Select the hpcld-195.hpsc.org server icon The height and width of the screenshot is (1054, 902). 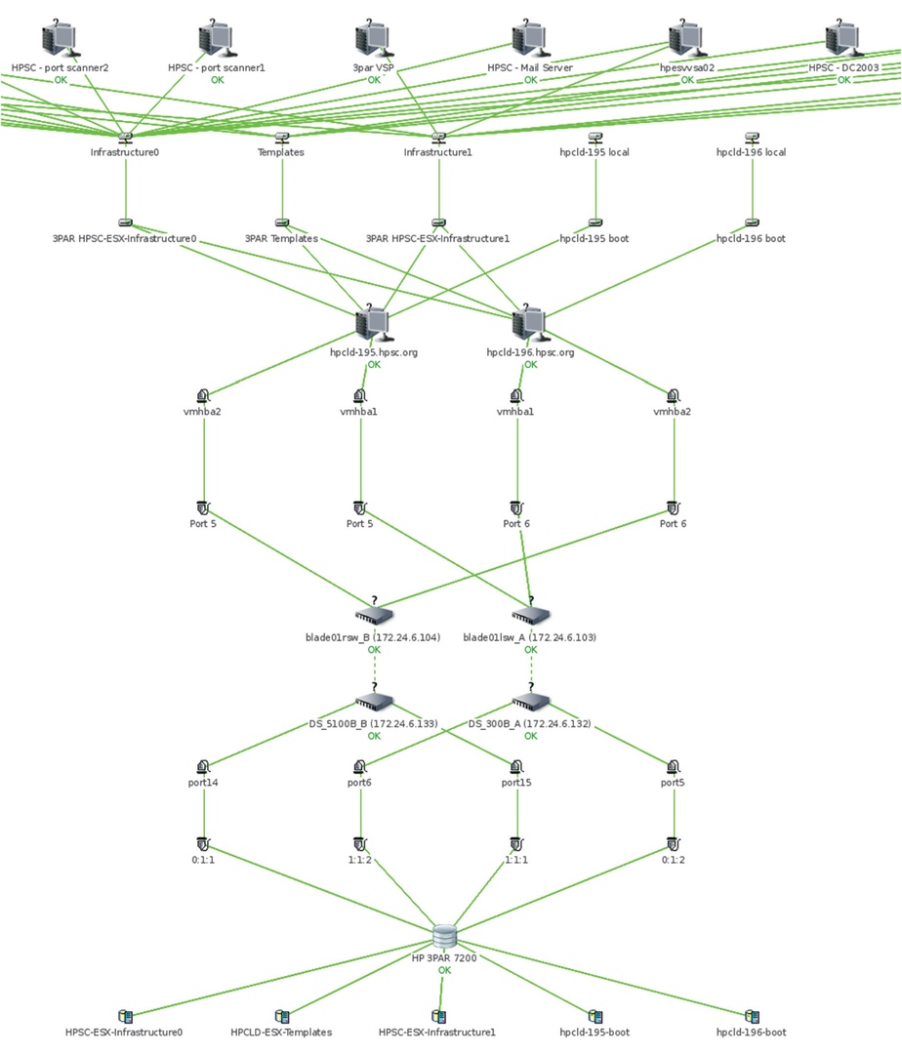[x=372, y=324]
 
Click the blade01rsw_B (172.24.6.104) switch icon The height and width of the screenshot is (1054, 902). [x=374, y=614]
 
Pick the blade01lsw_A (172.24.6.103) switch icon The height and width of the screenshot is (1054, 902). [x=531, y=614]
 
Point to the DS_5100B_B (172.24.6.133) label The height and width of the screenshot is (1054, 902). [x=373, y=724]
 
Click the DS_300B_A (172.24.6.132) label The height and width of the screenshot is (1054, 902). [x=530, y=724]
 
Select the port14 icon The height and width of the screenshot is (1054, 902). [x=203, y=767]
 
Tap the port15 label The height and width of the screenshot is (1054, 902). [x=516, y=783]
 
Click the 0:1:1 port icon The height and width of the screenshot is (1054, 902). [x=203, y=844]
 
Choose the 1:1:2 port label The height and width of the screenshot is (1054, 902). [x=359, y=860]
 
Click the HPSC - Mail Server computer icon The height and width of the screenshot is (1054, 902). [x=530, y=39]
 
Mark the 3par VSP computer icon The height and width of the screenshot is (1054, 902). [x=373, y=39]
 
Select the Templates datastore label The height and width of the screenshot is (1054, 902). [x=281, y=152]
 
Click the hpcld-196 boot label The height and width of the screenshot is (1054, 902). [x=751, y=239]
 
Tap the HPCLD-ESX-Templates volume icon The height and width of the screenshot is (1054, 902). [x=281, y=1016]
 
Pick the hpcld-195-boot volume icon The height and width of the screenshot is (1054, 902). [x=594, y=1016]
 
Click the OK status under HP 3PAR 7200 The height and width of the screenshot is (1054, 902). [x=444, y=970]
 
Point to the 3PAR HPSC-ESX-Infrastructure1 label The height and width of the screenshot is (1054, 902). [x=437, y=239]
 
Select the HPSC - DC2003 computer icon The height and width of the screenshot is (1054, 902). [x=842, y=39]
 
